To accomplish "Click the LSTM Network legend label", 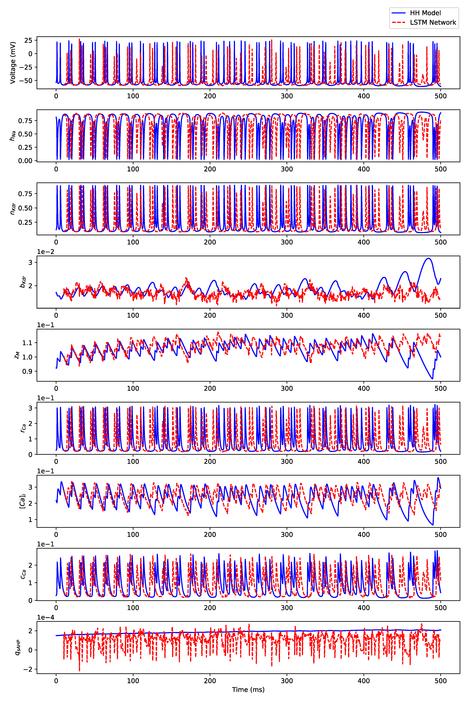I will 433,22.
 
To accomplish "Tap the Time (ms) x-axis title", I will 248,689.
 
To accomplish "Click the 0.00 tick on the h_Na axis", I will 25,161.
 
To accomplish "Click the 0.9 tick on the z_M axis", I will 28,371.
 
